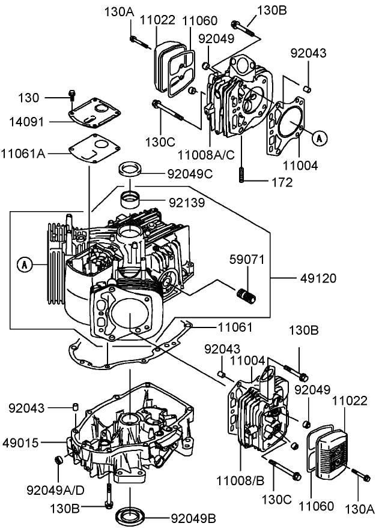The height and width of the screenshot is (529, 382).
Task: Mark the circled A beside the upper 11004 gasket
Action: pyautogui.click(x=320, y=138)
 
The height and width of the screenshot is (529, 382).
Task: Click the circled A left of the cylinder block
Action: pyautogui.click(x=24, y=263)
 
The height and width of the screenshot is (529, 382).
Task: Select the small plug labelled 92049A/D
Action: pyautogui.click(x=59, y=460)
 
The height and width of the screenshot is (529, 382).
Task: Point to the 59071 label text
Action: pyautogui.click(x=246, y=260)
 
